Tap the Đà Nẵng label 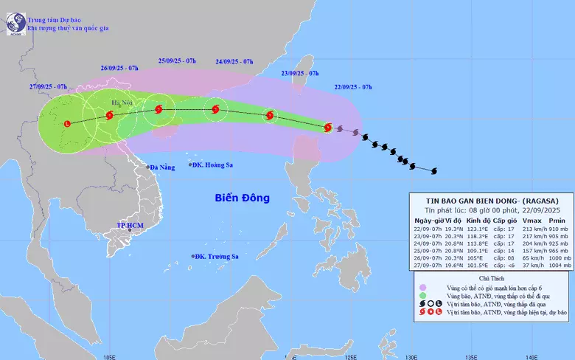coord(162,167)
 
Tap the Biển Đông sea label coord(243,198)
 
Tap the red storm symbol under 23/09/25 coord(269,115)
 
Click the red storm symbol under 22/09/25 coord(328,127)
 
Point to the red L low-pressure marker coord(67,123)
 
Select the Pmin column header coord(555,221)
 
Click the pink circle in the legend coord(422,288)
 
